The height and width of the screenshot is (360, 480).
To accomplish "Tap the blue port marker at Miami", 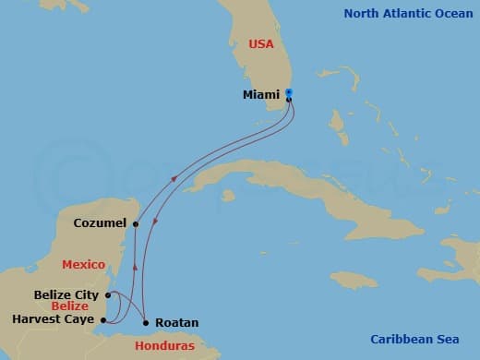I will (289, 92).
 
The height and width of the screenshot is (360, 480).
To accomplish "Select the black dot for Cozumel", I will (135, 223).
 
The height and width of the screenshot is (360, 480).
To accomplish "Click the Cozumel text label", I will (101, 223).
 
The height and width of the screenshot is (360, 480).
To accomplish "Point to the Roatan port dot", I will (146, 322).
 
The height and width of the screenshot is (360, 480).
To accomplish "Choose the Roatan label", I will (176, 324).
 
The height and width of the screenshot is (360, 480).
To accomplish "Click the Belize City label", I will (65, 295).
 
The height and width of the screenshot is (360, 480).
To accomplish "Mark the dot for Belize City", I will (108, 295).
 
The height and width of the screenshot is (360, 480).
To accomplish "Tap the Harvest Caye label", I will (54, 319).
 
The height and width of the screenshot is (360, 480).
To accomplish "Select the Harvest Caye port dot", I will (103, 320).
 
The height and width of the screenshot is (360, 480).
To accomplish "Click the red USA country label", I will (260, 43).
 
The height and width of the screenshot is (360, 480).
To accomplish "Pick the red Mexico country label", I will (82, 265).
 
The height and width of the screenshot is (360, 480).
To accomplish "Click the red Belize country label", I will (69, 306).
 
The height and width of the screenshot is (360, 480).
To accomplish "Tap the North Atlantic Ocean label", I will (407, 13).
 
